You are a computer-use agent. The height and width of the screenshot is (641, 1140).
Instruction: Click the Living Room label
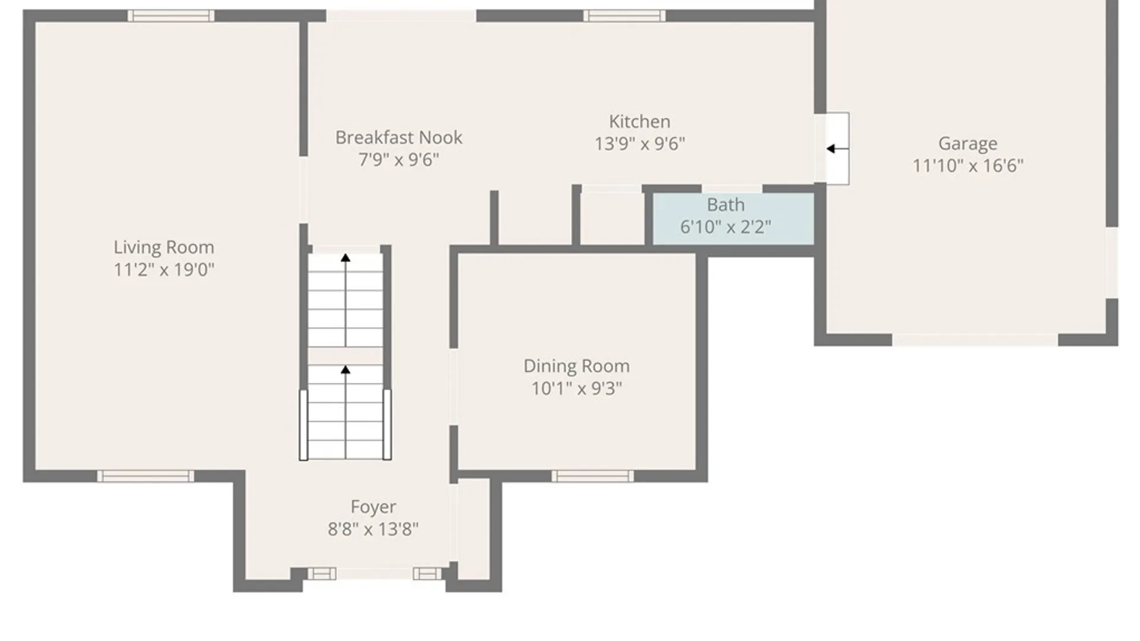tap(164, 247)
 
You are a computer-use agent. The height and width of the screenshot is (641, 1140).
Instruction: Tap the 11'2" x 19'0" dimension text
tap(164, 269)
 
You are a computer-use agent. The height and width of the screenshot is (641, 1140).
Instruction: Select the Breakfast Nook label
tap(398, 137)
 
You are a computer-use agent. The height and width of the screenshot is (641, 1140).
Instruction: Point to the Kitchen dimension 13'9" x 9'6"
tap(639, 144)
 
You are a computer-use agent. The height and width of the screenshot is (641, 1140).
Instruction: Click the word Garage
tap(967, 143)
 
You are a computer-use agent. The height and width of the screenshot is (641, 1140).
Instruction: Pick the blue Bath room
tap(733, 218)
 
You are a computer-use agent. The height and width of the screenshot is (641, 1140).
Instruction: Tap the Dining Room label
tap(576, 366)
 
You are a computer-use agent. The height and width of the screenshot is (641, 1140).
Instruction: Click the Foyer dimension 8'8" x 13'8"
tap(373, 529)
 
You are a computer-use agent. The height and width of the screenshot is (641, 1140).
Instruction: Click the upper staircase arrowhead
tap(346, 258)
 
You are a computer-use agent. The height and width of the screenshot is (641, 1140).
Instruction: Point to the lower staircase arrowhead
tap(346, 370)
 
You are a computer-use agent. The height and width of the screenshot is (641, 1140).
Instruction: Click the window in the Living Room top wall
tap(171, 16)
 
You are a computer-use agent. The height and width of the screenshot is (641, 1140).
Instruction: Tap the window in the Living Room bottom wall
tap(145, 476)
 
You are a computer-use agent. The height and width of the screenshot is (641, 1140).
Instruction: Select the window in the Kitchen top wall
tap(624, 16)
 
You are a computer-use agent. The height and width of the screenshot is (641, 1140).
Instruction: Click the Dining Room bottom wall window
tap(592, 476)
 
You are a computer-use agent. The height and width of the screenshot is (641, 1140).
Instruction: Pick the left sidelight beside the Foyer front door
tap(322, 573)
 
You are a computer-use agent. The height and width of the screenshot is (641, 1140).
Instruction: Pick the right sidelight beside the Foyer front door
tap(427, 573)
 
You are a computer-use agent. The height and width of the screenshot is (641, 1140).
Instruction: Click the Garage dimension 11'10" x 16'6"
tap(967, 166)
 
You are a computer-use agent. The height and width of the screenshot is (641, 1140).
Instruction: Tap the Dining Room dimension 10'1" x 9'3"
tap(576, 388)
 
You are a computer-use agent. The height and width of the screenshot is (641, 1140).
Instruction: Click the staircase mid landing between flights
tap(346, 356)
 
